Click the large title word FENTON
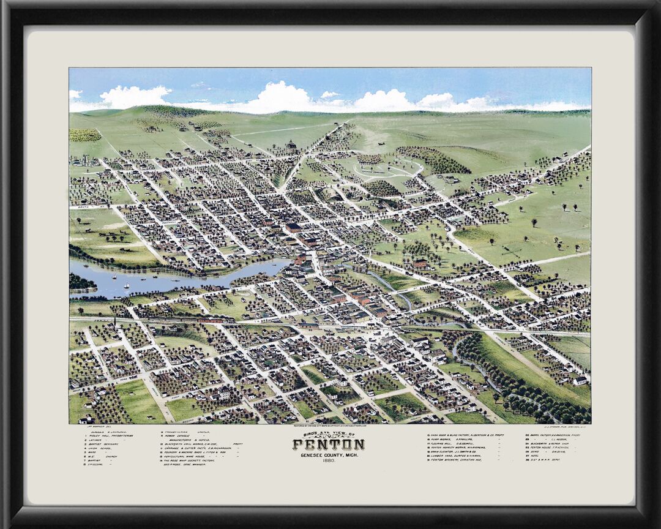point(328,445)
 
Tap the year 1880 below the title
point(329,461)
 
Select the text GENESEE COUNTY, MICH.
point(329,455)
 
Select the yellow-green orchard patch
point(84,135)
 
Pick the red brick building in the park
point(420,263)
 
